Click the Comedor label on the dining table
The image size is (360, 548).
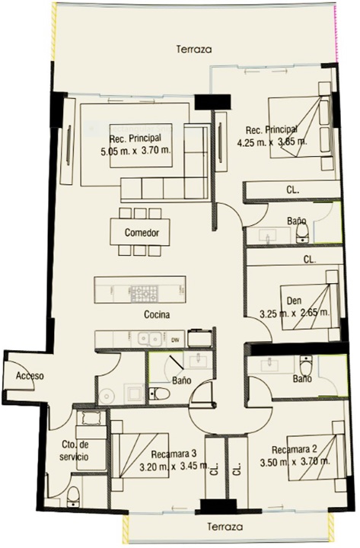pyautogui.click(x=142, y=232)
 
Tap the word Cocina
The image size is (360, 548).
pyautogui.click(x=157, y=314)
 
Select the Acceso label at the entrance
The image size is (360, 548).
pyautogui.click(x=30, y=376)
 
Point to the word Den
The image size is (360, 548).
pyautogui.click(x=294, y=301)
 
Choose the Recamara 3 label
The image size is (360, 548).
pyautogui.click(x=174, y=454)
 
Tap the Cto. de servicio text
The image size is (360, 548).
pyautogui.click(x=75, y=451)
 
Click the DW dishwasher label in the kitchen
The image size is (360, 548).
pyautogui.click(x=175, y=339)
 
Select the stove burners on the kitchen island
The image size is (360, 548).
pyautogui.click(x=145, y=294)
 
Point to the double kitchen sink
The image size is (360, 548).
pyautogui.click(x=149, y=339)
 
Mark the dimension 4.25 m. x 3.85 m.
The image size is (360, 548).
pyautogui.click(x=272, y=142)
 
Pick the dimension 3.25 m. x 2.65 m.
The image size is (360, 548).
pyautogui.click(x=295, y=313)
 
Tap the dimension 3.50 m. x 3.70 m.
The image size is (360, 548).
pyautogui.click(x=295, y=462)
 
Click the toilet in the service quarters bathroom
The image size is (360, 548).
pyautogui.click(x=73, y=497)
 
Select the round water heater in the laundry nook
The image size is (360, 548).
pyautogui.click(x=107, y=396)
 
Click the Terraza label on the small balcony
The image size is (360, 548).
pyautogui.click(x=225, y=527)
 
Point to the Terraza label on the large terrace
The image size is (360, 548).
pyautogui.click(x=194, y=49)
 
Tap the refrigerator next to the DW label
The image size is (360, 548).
pyautogui.click(x=200, y=338)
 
